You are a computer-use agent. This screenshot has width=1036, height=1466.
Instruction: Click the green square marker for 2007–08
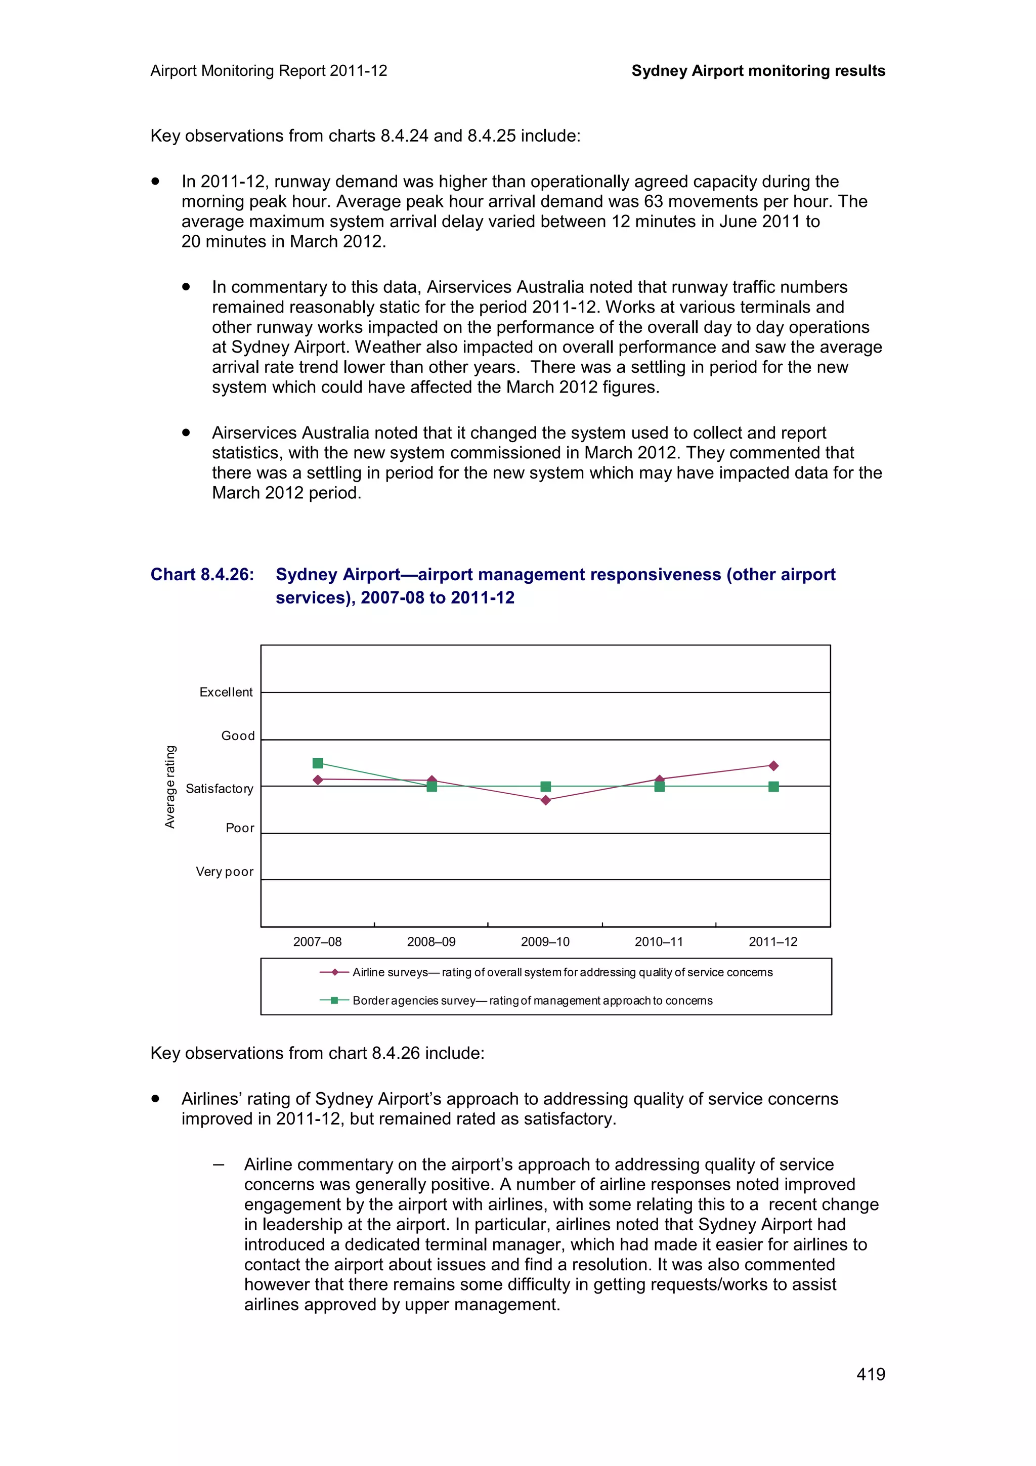click(318, 763)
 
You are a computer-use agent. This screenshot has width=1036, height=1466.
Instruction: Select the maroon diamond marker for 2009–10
click(545, 800)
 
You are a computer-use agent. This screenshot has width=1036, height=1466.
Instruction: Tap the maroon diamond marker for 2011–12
click(773, 765)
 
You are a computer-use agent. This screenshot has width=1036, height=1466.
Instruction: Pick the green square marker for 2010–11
click(660, 787)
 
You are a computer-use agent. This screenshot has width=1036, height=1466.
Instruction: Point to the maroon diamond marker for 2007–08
click(318, 780)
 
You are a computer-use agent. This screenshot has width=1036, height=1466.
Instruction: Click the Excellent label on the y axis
click(226, 692)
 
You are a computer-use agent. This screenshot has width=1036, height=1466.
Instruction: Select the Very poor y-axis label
click(225, 872)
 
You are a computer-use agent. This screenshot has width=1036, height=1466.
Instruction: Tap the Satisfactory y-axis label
click(220, 789)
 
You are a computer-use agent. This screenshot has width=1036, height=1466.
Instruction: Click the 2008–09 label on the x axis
click(431, 942)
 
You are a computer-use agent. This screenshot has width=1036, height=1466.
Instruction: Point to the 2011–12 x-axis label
click(773, 942)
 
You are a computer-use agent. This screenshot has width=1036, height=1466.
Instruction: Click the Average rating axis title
click(170, 787)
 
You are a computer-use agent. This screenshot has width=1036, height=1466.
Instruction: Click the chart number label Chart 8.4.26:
click(202, 575)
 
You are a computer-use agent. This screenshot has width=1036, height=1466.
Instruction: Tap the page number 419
click(871, 1374)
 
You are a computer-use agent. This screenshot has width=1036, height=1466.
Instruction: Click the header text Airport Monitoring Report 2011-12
click(269, 71)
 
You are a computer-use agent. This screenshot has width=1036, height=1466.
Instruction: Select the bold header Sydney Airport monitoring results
click(758, 71)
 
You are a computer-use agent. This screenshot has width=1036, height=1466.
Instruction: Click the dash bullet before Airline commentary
click(219, 1165)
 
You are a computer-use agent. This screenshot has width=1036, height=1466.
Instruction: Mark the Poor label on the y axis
click(240, 828)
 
